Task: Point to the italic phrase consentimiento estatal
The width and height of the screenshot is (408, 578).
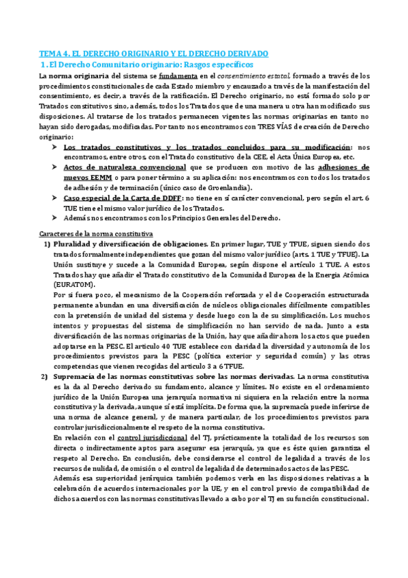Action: click(255, 76)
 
